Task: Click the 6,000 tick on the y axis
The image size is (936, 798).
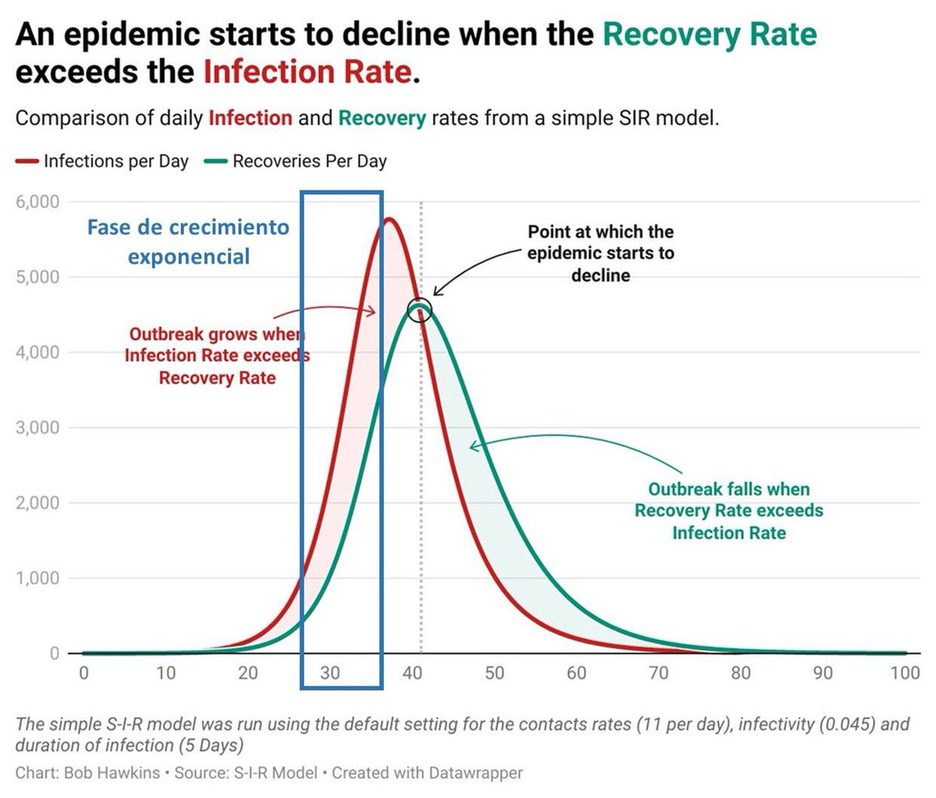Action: pos(37,202)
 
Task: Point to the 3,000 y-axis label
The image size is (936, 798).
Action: pos(37,428)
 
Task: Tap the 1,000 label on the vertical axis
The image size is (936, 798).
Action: pos(37,578)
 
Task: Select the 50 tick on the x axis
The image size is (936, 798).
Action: pos(495,673)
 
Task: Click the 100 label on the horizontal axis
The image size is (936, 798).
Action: pos(905,673)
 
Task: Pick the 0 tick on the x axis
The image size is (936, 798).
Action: pos(83,673)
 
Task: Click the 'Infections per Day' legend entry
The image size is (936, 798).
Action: pos(102,161)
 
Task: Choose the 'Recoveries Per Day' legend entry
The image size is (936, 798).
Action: pos(296,161)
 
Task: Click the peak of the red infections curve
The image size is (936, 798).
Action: pos(389,220)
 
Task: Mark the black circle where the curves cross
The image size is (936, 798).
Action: pos(420,298)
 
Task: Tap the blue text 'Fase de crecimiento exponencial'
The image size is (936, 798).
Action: pos(189,242)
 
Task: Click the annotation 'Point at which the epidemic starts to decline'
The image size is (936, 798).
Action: pos(601,253)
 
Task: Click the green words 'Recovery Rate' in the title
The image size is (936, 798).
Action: pos(710,34)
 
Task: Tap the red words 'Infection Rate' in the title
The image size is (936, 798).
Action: pos(308,72)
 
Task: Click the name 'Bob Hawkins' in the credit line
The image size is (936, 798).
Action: pos(112,772)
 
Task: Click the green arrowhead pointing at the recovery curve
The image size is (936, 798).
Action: pos(473,447)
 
